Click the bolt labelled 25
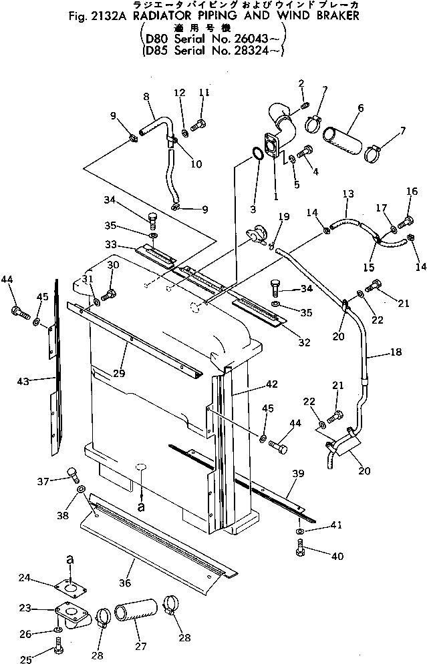click(x=58, y=646)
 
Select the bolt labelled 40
click(x=300, y=549)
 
